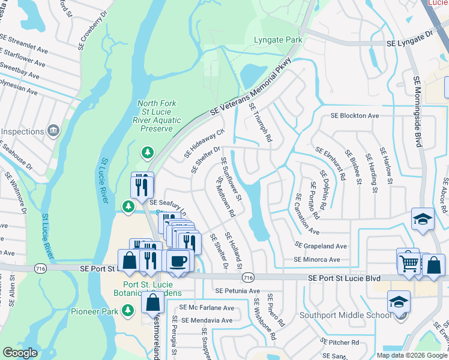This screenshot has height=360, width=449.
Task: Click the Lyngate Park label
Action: (278, 40)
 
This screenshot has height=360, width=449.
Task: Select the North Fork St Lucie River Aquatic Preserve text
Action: (157, 116)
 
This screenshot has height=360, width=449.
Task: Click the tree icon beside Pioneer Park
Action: (128, 310)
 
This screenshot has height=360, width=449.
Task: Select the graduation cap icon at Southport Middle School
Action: (399, 302)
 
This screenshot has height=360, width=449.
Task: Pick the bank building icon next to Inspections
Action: (53, 131)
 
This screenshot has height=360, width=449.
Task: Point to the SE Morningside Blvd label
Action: (417, 110)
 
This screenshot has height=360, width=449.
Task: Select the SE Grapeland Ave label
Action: (321, 245)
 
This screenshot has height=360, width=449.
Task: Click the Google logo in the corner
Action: (20, 353)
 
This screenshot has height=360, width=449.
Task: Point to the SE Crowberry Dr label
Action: (94, 25)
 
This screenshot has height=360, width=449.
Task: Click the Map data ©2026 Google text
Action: (411, 355)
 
